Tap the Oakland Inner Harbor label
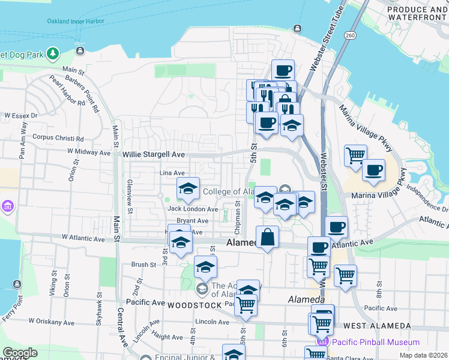(76, 21)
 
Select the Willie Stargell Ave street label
(154, 154)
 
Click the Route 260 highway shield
(350, 35)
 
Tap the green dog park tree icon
(53, 54)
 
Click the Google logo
(19, 353)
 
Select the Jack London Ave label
(193, 209)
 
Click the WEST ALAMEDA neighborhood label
(377, 326)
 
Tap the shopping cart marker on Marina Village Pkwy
(355, 156)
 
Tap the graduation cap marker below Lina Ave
(188, 190)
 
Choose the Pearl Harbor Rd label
(67, 91)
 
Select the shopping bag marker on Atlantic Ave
(267, 237)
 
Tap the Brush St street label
(143, 264)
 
